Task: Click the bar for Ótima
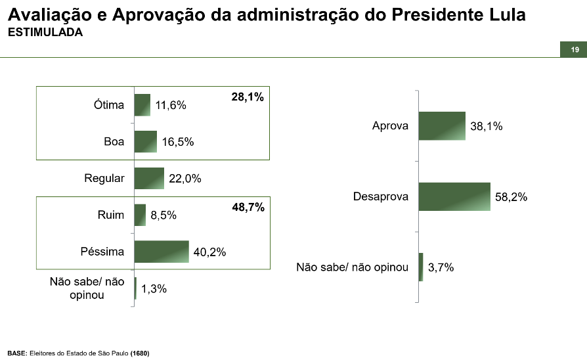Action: (142, 105)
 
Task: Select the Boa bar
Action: (146, 141)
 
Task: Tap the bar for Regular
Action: (149, 178)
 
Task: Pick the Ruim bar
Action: (140, 215)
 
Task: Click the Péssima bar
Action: (162, 252)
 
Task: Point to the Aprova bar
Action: (442, 125)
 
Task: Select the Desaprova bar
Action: (454, 196)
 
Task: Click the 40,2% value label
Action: (209, 252)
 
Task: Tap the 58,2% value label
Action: (511, 196)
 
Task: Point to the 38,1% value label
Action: (487, 126)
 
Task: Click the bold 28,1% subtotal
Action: (248, 97)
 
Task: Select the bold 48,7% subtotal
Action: (248, 208)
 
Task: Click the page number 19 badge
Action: (574, 50)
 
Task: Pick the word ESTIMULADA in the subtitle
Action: (45, 32)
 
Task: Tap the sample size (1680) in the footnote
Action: (140, 353)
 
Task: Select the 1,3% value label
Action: (152, 289)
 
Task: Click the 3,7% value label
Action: (441, 267)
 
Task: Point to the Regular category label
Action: (104, 178)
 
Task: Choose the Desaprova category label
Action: (380, 196)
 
